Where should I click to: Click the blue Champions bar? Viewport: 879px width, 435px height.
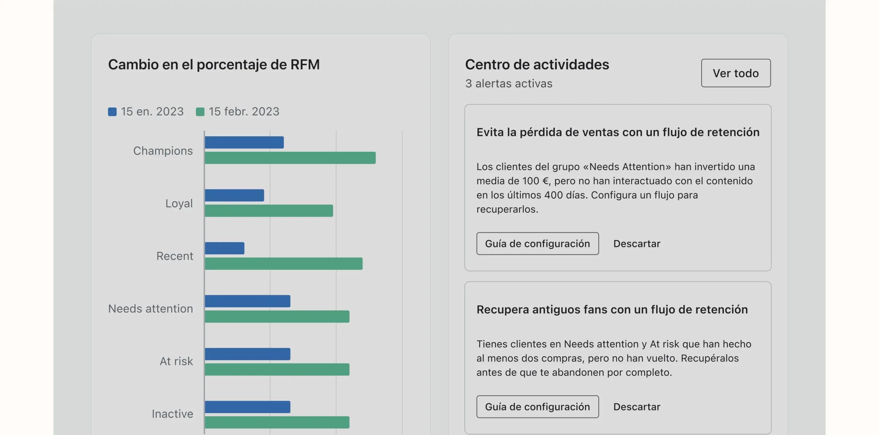tap(244, 142)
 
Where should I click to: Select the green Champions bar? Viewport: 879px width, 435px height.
tap(290, 158)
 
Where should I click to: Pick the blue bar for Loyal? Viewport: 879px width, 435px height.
tap(235, 196)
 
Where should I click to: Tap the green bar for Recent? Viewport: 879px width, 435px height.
tap(283, 264)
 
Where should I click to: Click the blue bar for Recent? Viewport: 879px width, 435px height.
tap(225, 248)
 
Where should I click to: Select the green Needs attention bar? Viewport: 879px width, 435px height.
tap(277, 316)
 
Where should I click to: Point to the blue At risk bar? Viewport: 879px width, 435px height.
tap(247, 354)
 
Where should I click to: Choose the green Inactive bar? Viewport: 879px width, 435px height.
tap(277, 422)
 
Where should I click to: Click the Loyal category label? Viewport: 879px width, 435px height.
tap(179, 203)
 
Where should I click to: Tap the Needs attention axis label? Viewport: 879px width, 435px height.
tap(151, 309)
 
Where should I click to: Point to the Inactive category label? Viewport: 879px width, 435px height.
tap(172, 414)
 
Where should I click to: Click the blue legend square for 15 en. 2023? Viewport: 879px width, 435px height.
tap(112, 112)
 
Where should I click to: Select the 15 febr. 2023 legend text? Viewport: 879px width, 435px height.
tap(244, 112)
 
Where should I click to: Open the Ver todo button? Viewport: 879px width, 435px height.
tap(736, 73)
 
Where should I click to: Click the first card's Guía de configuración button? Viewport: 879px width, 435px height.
tap(537, 244)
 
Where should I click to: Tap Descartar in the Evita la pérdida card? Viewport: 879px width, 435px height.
tap(637, 244)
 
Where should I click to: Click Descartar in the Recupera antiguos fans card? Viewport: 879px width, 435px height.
tap(637, 407)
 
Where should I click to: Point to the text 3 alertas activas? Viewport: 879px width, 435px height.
tap(508, 83)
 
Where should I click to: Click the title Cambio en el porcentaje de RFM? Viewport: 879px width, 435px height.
tap(214, 64)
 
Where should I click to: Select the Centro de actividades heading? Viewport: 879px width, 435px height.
tap(537, 64)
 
